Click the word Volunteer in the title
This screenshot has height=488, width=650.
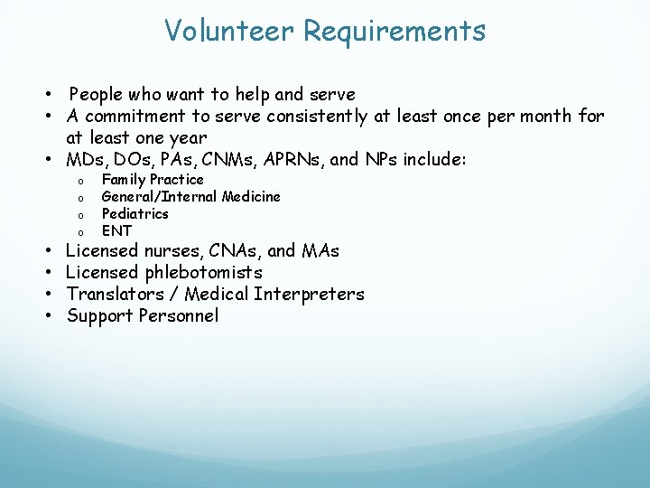(229, 31)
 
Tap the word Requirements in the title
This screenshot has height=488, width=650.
(395, 31)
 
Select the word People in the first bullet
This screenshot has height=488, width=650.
(98, 94)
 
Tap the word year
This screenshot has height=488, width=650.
(187, 138)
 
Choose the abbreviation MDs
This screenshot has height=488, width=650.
(86, 160)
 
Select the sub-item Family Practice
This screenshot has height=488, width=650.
(153, 180)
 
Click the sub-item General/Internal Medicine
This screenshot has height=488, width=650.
(190, 196)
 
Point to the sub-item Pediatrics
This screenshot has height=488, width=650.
(135, 213)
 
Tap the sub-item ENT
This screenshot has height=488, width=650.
(116, 230)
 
